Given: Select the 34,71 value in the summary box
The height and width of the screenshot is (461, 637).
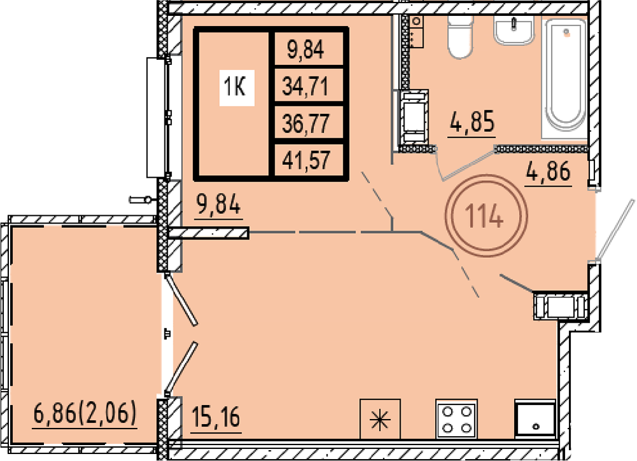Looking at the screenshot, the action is coord(305,86).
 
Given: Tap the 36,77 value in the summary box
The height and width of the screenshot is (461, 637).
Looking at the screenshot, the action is coord(305,124).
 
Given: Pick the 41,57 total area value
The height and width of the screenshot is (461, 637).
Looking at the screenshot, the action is coord(306,160).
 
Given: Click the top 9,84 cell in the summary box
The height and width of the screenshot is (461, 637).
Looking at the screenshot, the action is coord(306,50).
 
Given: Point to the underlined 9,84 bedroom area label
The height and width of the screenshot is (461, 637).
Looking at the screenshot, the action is coord(218,204).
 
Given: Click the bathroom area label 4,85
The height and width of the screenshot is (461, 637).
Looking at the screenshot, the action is coord(472,122).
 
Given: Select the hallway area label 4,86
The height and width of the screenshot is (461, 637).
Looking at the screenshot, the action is coord(548,171).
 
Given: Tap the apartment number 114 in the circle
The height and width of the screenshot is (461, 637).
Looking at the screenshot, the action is coord(484,216).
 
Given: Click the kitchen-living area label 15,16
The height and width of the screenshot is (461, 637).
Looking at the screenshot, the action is coord(216,417).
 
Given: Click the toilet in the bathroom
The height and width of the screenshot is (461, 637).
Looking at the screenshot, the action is coord(461,36).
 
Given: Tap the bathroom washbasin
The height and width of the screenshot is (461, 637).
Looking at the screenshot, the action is coord(513,30).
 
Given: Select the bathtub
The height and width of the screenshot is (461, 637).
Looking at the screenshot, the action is coord(565,76).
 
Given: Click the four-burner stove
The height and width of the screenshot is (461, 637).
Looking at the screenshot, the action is coord(456,419).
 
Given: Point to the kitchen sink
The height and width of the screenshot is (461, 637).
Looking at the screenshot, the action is coord(535,419).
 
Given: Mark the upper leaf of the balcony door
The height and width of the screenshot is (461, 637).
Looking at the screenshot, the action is coord(181,299).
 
